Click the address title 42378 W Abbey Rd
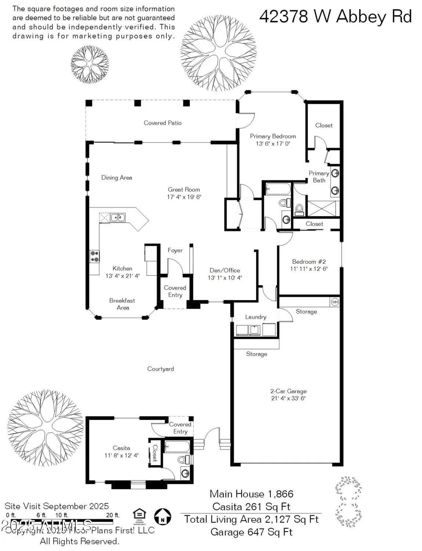click(335, 17)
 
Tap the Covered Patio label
click(162, 123)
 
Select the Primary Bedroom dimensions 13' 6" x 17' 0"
click(273, 144)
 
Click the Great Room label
click(184, 190)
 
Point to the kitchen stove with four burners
click(95, 256)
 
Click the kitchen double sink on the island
click(118, 217)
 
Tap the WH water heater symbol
click(335, 302)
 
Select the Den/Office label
click(225, 270)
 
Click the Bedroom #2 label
click(309, 262)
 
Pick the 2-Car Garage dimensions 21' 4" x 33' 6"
click(288, 398)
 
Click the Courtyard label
click(160, 369)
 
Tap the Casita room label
click(121, 448)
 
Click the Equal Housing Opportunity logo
click(139, 516)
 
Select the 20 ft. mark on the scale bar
click(113, 515)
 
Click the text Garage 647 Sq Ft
click(251, 532)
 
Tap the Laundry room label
click(256, 317)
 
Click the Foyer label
click(175, 251)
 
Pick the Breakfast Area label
click(122, 304)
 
